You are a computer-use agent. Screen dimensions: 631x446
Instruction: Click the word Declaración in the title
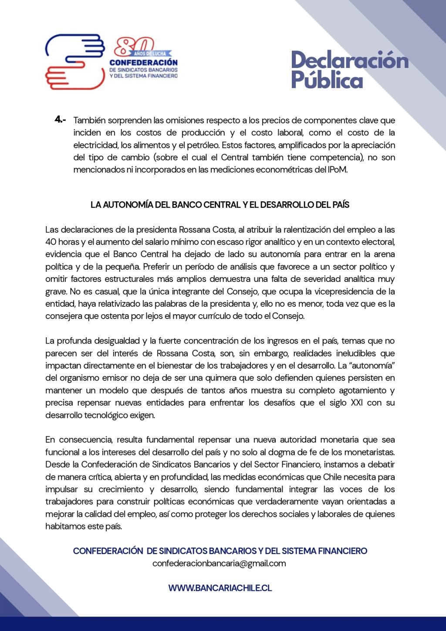click(350, 61)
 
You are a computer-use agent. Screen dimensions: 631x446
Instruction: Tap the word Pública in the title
click(327, 80)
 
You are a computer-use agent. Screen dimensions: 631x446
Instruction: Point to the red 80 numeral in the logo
click(134, 45)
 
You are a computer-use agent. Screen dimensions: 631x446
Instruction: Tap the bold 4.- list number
click(61, 119)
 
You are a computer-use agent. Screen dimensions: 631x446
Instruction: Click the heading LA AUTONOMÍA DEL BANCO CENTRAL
click(220, 204)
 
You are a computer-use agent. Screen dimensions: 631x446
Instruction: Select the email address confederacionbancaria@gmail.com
click(219, 563)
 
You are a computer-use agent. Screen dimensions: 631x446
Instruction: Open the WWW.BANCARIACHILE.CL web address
click(220, 588)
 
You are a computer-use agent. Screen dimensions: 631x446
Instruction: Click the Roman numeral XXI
click(357, 403)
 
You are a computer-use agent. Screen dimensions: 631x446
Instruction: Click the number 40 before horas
click(50, 242)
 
